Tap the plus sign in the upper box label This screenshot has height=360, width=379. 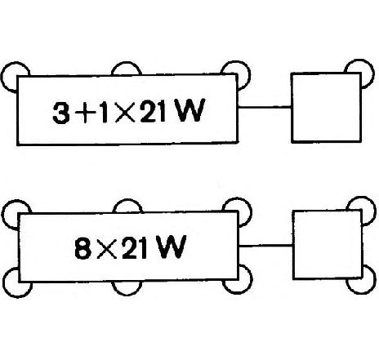[x=85, y=113]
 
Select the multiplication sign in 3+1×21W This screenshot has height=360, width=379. [x=125, y=112]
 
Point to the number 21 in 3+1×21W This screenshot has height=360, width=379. [x=154, y=111]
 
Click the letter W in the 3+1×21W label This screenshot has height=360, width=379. [x=190, y=110]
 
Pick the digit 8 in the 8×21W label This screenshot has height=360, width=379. [x=82, y=248]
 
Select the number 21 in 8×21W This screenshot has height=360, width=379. [x=135, y=247]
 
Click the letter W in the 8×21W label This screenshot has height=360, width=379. [x=172, y=247]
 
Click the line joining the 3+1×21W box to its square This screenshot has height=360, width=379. [x=265, y=107]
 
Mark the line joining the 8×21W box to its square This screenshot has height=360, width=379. [x=265, y=246]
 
